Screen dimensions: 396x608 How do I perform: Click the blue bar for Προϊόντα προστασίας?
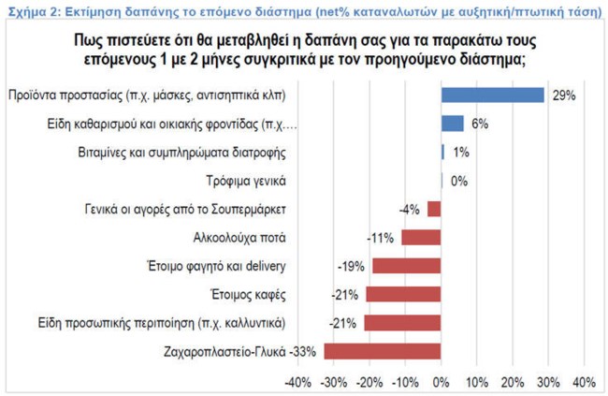[493, 95]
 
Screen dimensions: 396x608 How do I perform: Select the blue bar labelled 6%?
[453, 124]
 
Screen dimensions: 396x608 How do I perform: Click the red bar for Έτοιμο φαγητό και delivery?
[407, 266]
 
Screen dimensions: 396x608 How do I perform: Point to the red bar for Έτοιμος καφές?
[403, 295]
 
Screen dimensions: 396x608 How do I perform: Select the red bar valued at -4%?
[434, 209]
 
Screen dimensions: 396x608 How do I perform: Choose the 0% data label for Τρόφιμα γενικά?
[458, 181]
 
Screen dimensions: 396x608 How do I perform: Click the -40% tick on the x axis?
[298, 382]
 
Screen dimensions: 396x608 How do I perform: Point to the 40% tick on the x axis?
[583, 382]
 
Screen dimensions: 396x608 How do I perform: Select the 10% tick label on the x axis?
[476, 382]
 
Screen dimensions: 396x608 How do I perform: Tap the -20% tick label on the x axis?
[369, 382]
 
